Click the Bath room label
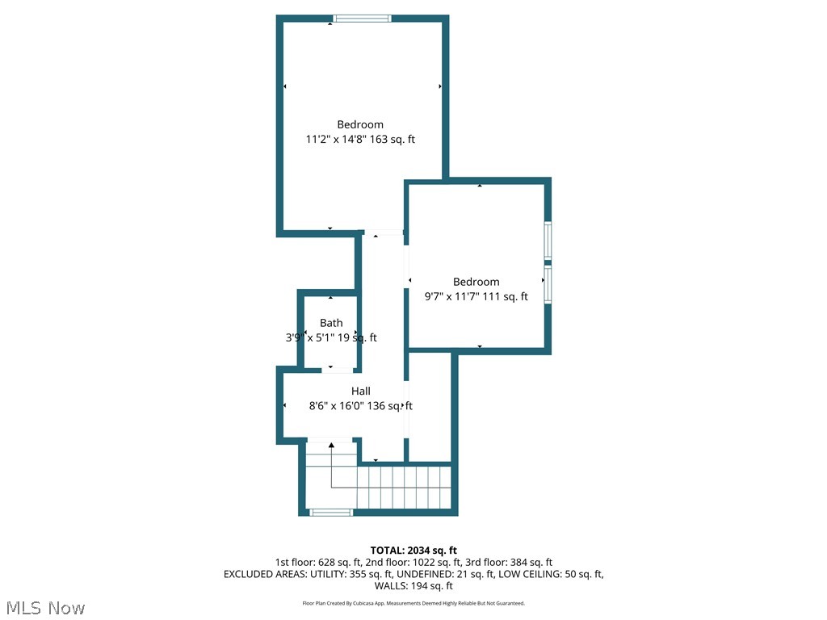point(331,323)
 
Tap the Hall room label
point(361,391)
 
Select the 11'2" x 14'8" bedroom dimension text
point(360,139)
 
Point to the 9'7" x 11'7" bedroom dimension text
point(476,296)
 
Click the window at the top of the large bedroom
point(363,18)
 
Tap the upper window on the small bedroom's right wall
point(547,240)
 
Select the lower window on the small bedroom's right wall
point(547,284)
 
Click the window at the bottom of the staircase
point(331,512)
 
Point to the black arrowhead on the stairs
point(331,444)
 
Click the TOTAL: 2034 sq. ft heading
point(413,550)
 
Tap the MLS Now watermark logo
point(45,607)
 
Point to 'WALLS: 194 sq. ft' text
point(413,586)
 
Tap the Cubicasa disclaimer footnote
point(413,603)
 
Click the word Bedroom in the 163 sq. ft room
point(360,124)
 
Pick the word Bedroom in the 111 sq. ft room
point(476,282)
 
